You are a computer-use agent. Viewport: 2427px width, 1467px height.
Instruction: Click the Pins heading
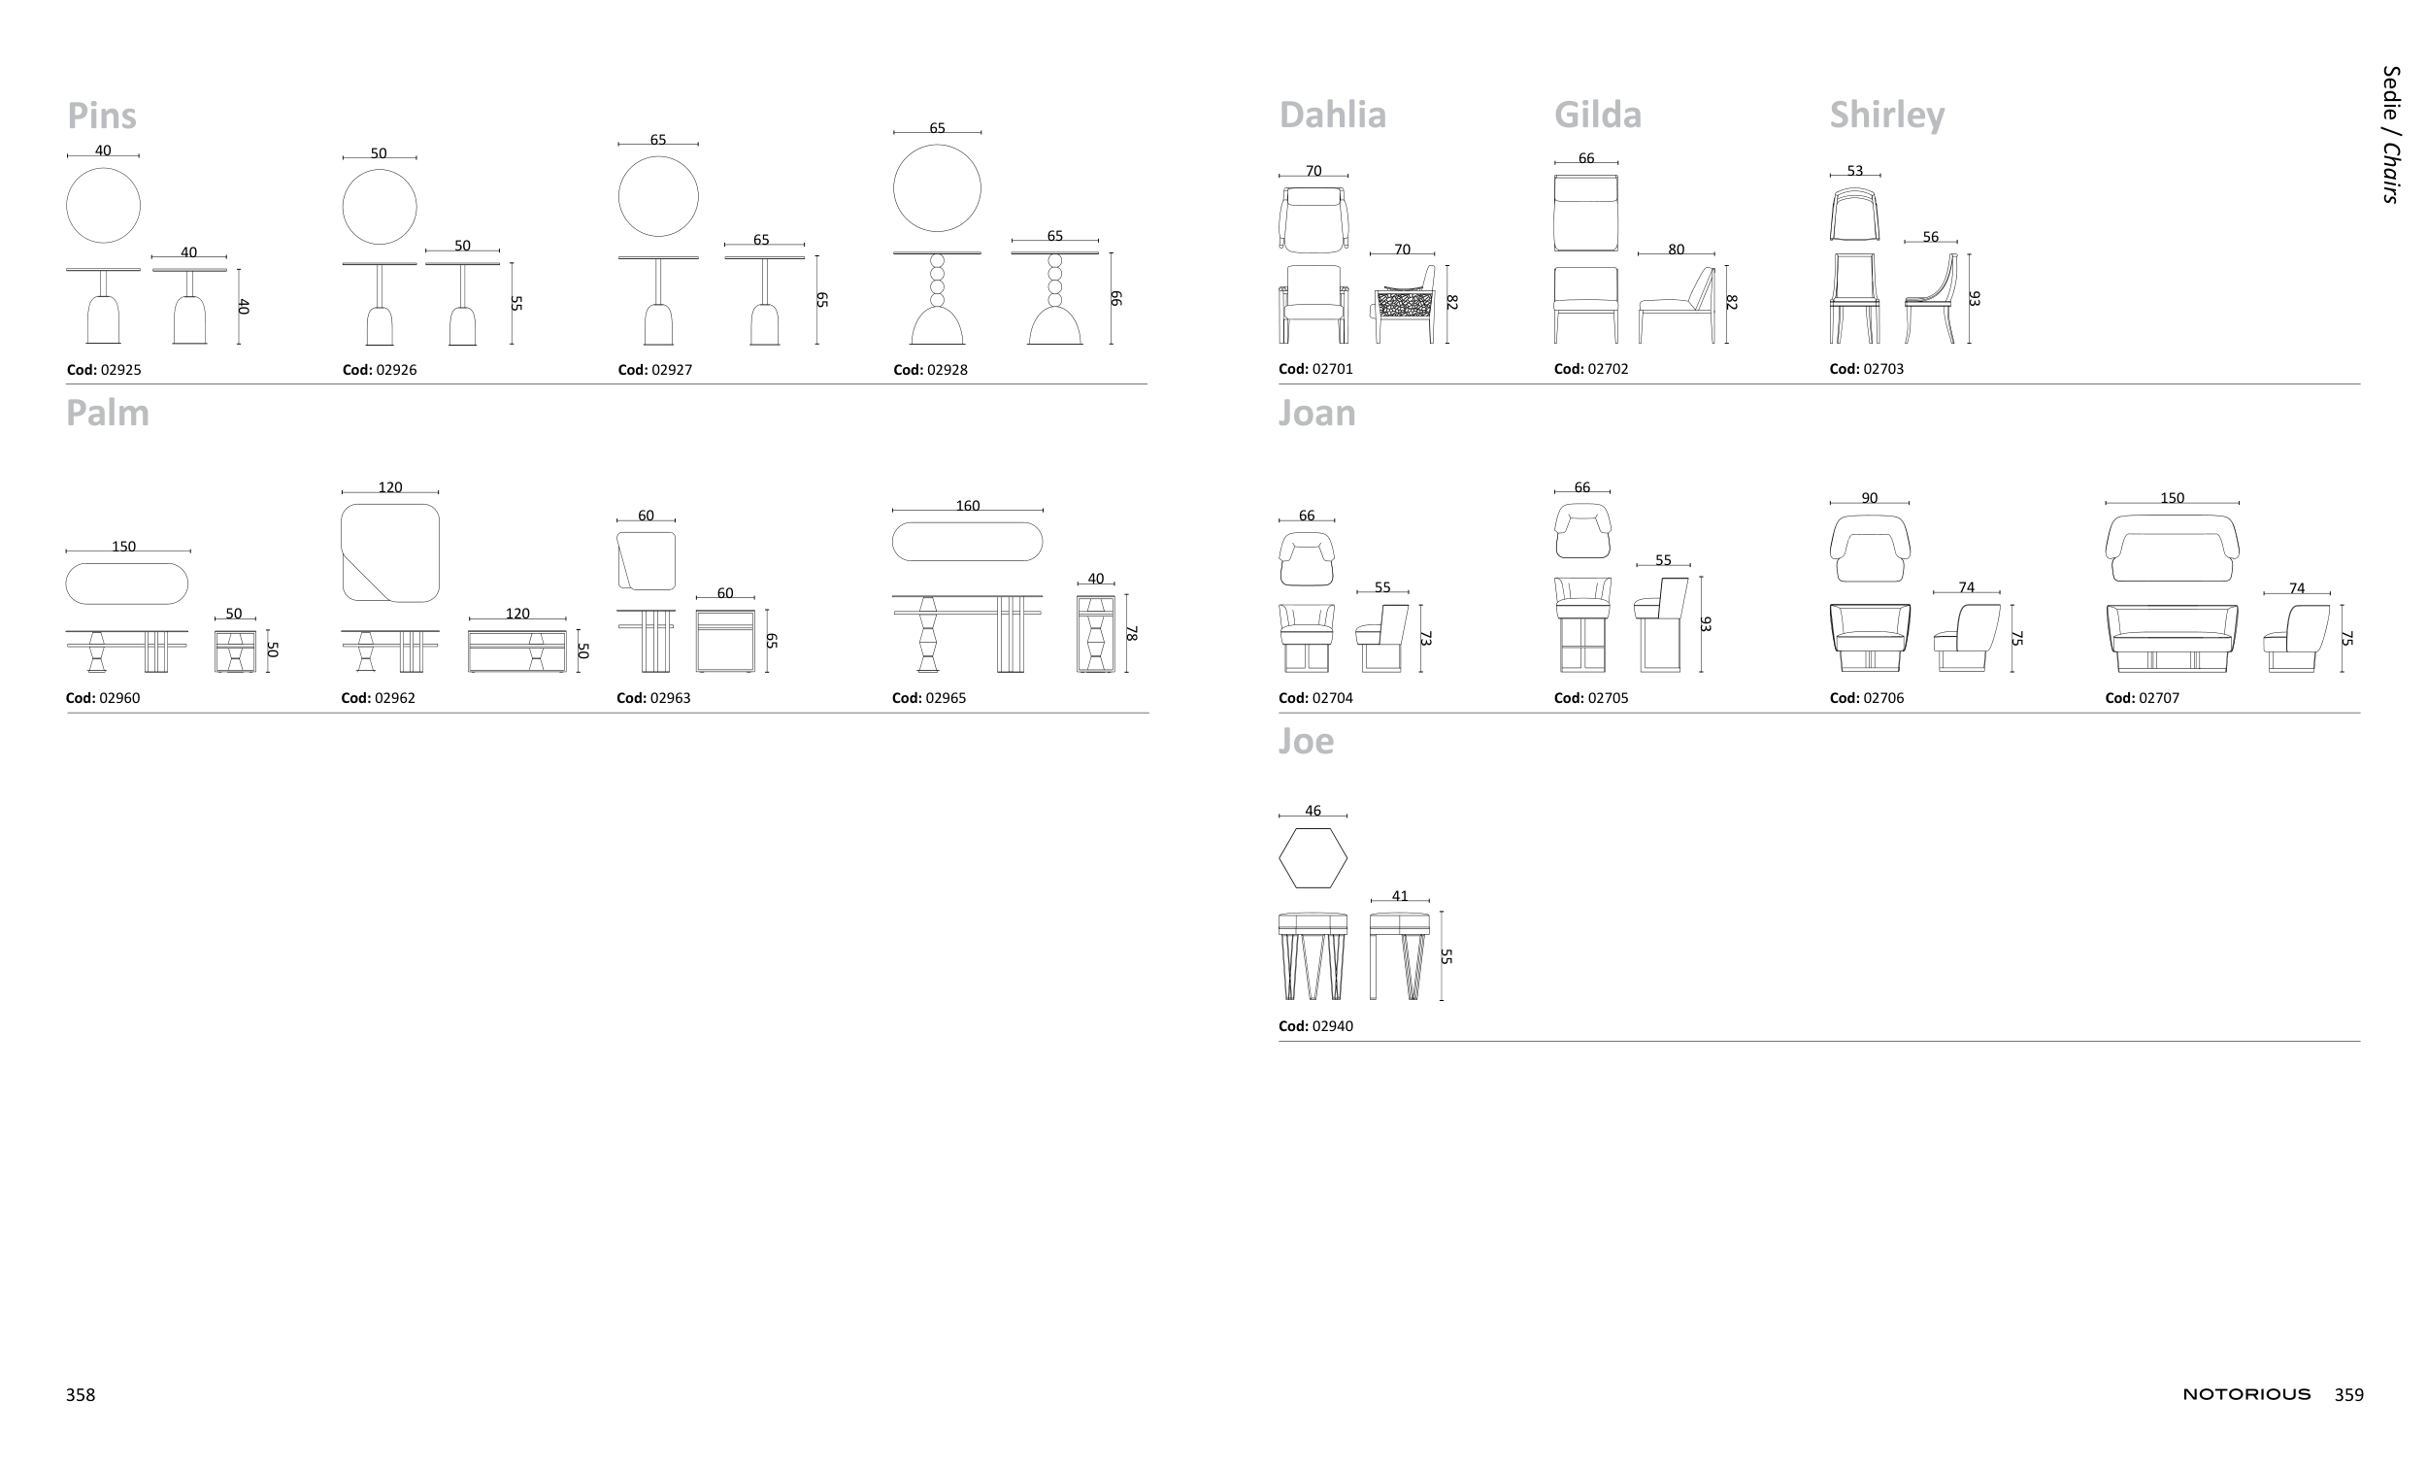102,117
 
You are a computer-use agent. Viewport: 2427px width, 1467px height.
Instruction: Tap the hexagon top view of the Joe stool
1313,858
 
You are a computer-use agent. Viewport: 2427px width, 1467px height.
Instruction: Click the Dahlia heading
1332,116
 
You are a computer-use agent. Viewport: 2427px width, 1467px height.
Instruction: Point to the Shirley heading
1886,117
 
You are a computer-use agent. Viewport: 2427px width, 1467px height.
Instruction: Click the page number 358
81,1394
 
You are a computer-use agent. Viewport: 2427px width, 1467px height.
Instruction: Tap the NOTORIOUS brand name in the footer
2245,1394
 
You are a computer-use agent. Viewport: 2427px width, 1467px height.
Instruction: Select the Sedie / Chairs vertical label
2390,134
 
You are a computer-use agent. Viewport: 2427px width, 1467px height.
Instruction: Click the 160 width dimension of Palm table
967,506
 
